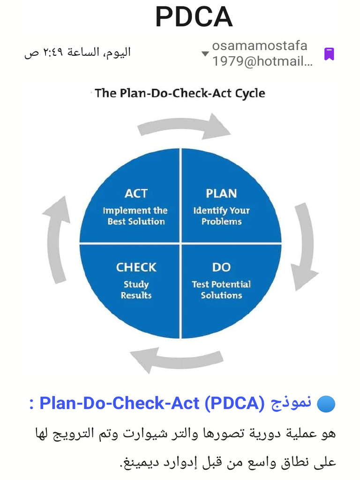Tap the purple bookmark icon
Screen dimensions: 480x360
click(329, 54)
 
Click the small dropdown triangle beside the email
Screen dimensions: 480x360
click(205, 53)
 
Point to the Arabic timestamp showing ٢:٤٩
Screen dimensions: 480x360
click(77, 52)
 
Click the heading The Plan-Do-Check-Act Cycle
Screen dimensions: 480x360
click(180, 93)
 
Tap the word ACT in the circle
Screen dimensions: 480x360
click(136, 193)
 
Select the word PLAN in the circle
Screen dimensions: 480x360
click(221, 193)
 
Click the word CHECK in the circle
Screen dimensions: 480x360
click(136, 267)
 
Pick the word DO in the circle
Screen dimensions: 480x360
click(221, 267)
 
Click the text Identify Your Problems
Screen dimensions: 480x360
click(221, 216)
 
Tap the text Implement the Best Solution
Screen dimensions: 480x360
click(135, 216)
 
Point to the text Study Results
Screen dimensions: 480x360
click(136, 290)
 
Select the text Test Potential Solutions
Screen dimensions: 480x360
click(221, 290)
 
